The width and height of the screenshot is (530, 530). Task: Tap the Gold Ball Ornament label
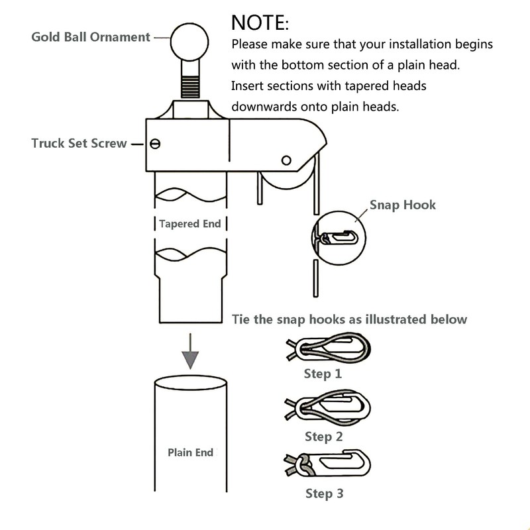[91, 37]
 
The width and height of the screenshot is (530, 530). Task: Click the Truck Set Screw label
[79, 143]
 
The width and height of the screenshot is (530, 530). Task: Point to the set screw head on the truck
[155, 143]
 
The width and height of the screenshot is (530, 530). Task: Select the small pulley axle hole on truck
[286, 160]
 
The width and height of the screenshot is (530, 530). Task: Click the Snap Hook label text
[403, 205]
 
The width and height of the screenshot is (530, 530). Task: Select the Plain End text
[190, 452]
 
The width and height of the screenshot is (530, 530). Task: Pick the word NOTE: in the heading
[260, 23]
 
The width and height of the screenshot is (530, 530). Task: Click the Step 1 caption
[323, 374]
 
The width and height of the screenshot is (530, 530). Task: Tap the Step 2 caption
[323, 437]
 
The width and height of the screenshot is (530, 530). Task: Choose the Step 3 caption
[324, 493]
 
